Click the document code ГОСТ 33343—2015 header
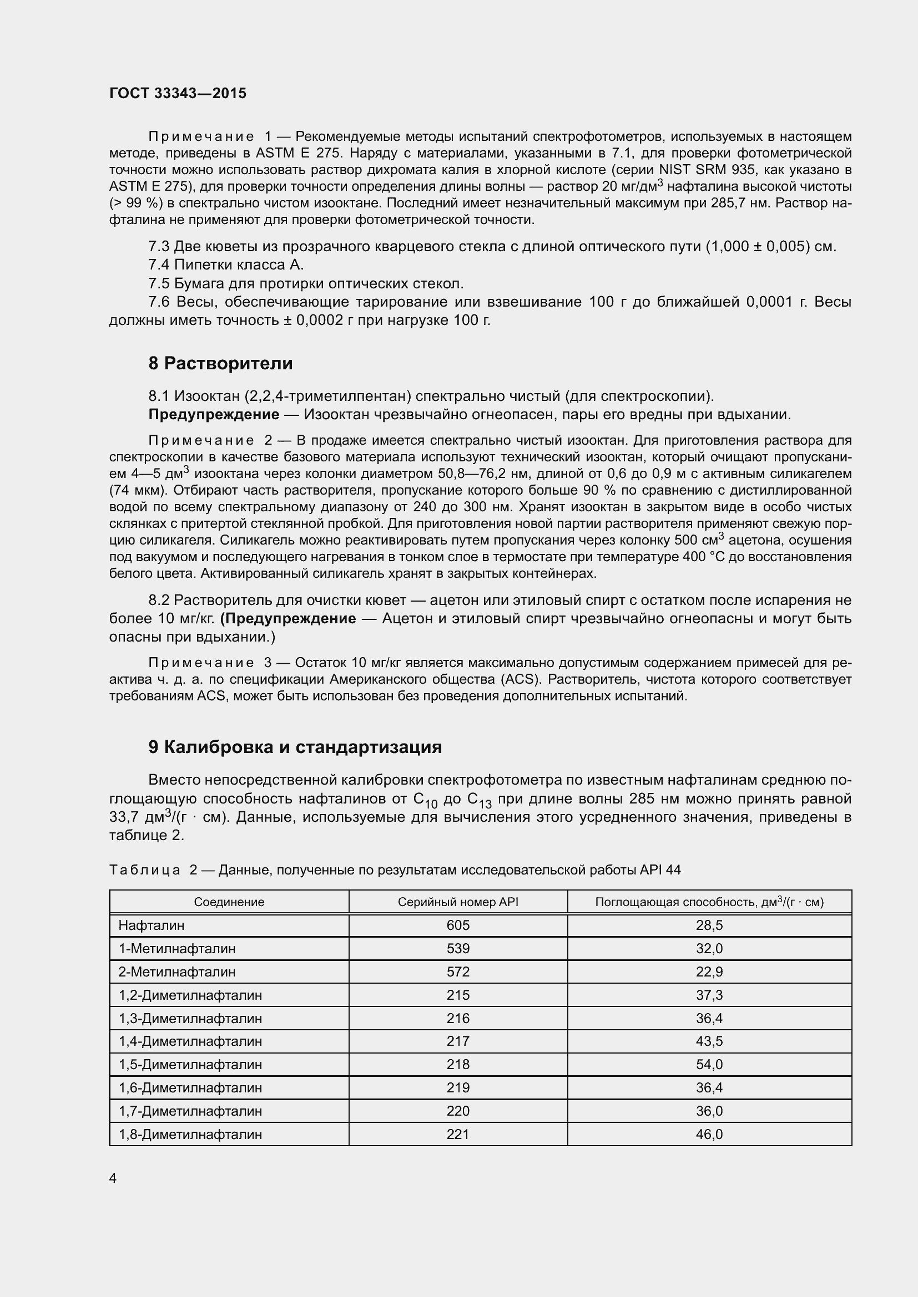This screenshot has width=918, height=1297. (x=178, y=93)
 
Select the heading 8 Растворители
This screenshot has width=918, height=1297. (x=220, y=363)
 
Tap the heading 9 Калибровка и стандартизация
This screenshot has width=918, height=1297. (x=295, y=747)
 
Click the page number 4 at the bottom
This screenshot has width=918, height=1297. (x=113, y=1178)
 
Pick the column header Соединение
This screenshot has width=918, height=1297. (x=229, y=902)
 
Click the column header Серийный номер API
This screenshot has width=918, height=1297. (x=458, y=902)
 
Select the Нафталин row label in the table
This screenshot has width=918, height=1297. (x=152, y=925)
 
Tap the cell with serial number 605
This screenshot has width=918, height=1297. (x=458, y=925)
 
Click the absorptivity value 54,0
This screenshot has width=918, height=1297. (x=709, y=1064)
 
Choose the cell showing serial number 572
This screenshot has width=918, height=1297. (x=458, y=972)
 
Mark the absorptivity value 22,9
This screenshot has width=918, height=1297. (x=709, y=972)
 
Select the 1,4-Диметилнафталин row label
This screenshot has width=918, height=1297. (x=190, y=1041)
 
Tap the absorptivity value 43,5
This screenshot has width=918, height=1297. (x=709, y=1041)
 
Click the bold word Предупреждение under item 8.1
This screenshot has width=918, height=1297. (x=214, y=415)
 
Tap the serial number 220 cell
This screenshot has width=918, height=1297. (x=458, y=1111)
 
